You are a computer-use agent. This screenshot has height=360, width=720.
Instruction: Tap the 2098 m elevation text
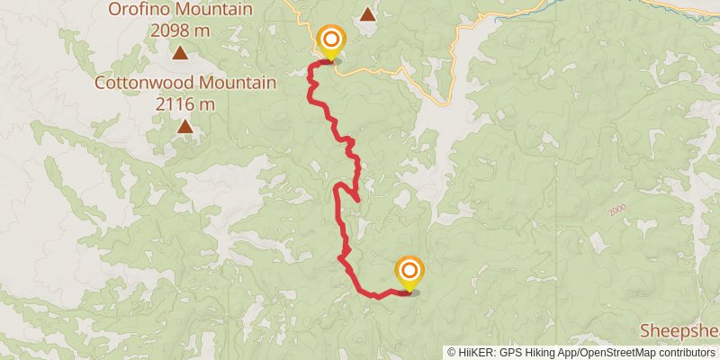(x=180, y=31)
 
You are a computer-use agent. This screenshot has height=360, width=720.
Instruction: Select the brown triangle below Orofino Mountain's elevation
(x=181, y=54)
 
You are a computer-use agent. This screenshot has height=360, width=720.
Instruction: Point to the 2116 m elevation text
(x=184, y=103)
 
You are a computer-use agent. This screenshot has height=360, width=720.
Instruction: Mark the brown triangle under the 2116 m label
(x=185, y=126)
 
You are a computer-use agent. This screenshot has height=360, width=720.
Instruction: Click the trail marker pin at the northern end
(x=331, y=40)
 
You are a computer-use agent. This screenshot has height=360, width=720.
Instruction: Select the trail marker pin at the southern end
(x=409, y=270)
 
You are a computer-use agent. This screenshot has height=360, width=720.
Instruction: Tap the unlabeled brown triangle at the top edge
(x=367, y=14)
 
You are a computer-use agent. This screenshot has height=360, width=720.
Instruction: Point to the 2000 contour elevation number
(x=616, y=210)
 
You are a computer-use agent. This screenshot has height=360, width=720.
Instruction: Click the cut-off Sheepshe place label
(x=679, y=329)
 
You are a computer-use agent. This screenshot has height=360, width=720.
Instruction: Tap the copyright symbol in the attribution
(x=453, y=353)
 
